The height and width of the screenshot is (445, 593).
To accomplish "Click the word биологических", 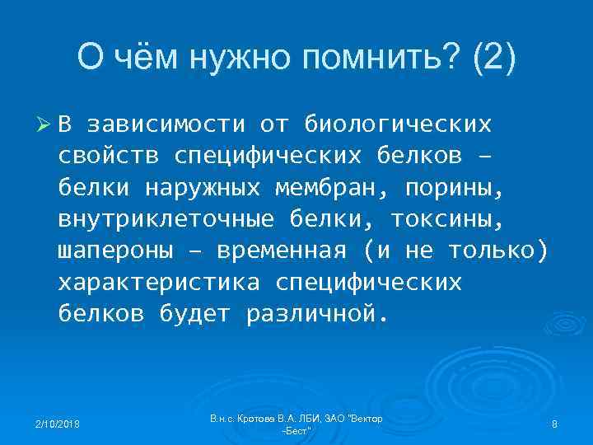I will click(399, 124).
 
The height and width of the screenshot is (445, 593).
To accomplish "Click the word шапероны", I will click(116, 251).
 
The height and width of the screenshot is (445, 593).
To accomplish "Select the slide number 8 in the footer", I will click(554, 424).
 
